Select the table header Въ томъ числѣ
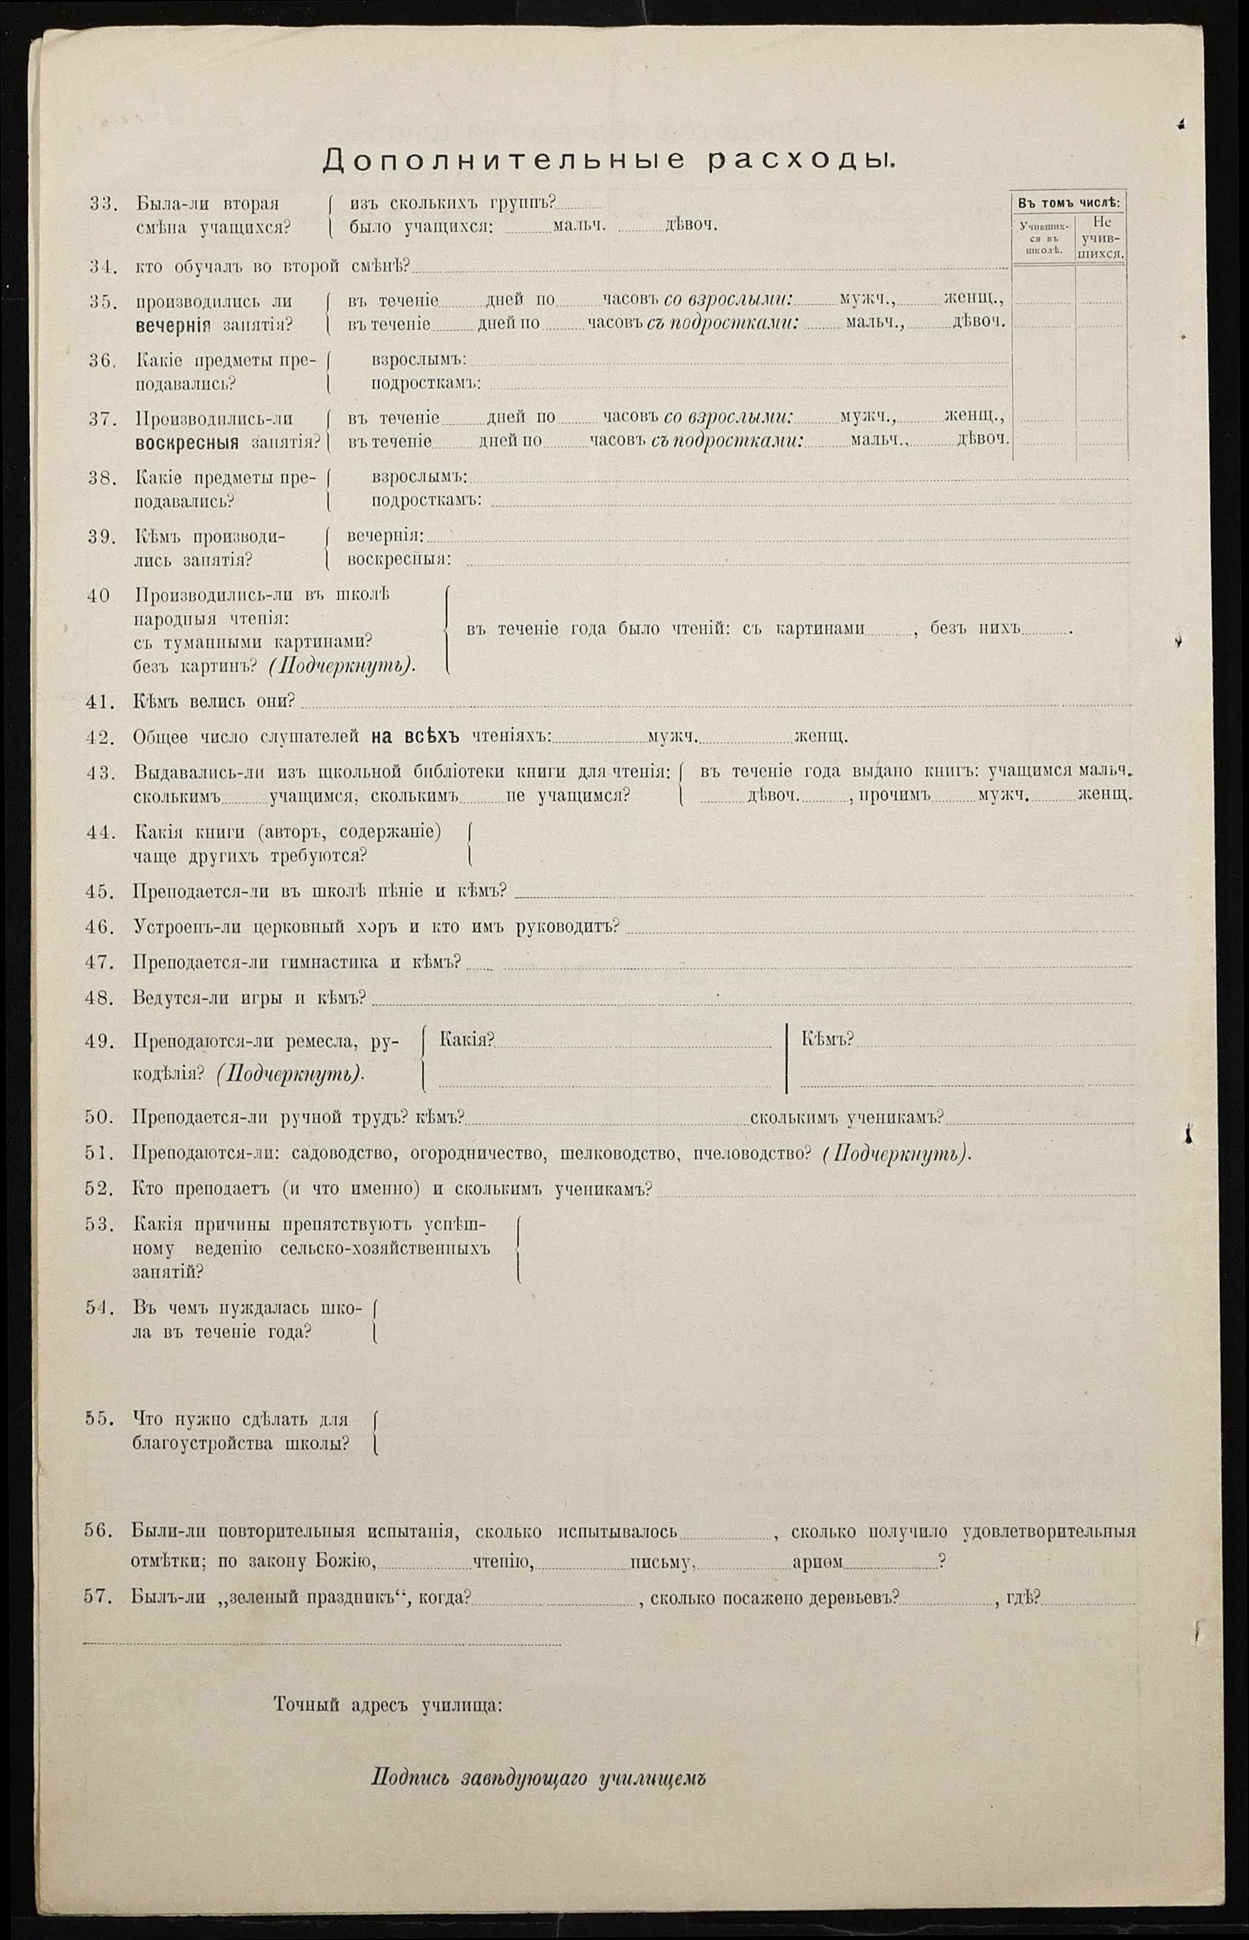1068,202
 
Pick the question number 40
98,594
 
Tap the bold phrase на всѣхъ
415,737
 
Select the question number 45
98,890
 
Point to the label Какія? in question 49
467,1040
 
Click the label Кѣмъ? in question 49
827,1040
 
